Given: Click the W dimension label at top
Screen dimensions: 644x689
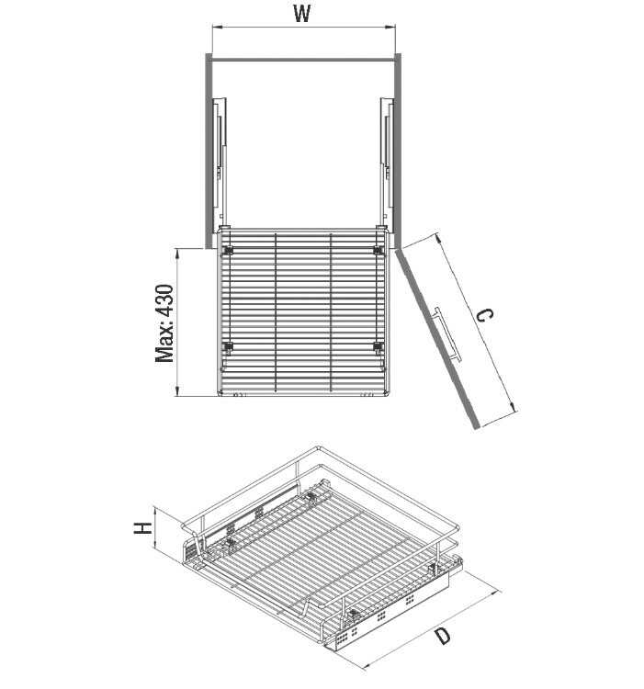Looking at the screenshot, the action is pos(302,13).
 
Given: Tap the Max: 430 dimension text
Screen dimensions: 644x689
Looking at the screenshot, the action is pos(165,323).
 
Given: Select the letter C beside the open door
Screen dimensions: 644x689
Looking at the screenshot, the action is pos(485,315).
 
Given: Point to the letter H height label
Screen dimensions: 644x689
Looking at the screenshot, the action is pos(143,528).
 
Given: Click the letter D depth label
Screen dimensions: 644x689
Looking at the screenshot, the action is pos(442,636).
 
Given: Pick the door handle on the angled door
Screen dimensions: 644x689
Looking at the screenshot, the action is pos(446,334).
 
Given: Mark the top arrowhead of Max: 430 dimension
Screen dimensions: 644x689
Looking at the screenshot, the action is pos(177,253).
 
